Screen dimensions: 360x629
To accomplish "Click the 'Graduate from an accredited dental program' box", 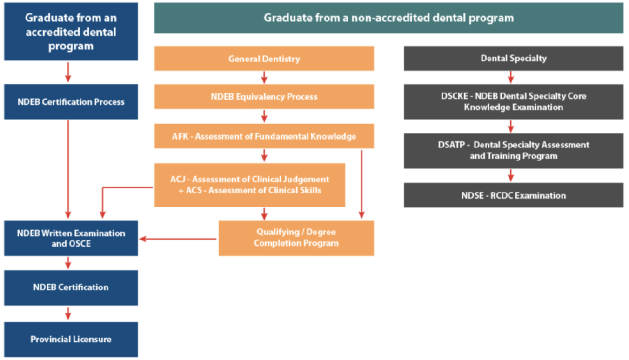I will tap(71, 32).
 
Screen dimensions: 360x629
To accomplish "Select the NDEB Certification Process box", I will tap(71, 101).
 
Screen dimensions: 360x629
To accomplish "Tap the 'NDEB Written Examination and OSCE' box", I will tap(71, 238).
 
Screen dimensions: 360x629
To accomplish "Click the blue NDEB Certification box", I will tap(71, 287).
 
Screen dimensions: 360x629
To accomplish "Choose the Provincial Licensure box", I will tap(71, 339).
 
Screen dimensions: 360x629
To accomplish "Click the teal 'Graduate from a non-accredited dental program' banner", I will tap(388, 18).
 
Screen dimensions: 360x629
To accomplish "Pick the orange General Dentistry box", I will tap(264, 59).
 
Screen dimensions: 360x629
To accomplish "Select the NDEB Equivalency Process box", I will tap(264, 97).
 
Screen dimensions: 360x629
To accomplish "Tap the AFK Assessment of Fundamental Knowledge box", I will tap(264, 136).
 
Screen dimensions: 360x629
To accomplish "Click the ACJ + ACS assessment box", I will tap(250, 185).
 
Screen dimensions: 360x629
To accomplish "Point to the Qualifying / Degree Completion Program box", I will tap(296, 238).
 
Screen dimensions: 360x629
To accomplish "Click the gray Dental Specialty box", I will tap(513, 59).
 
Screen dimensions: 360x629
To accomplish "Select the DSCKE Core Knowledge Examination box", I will tap(513, 101).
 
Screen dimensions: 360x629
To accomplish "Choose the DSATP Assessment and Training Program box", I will tap(513, 151).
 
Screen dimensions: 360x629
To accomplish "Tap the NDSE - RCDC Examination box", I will tap(513, 195).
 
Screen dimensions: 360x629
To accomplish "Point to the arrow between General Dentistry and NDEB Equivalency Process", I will tap(264, 77).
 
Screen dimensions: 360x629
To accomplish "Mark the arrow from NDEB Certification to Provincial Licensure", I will tap(68, 313).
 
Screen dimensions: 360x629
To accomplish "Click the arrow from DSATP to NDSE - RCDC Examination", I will tap(511, 175).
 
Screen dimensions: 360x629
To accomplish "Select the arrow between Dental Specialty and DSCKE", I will tap(511, 77).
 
